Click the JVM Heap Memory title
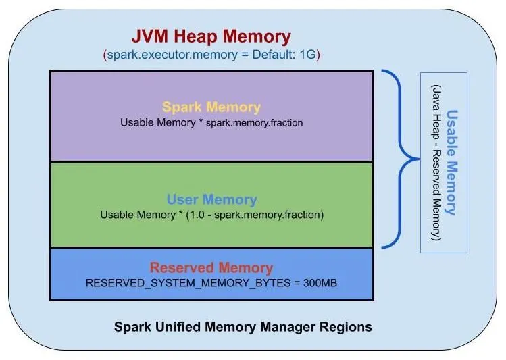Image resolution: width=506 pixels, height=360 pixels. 211,36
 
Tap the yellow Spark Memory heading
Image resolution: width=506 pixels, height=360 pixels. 211,107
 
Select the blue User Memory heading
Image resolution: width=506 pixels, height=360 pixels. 211,200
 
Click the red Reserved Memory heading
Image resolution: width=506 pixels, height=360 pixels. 211,267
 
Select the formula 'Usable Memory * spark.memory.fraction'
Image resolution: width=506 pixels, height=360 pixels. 211,123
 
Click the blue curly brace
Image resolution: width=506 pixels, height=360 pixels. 399,159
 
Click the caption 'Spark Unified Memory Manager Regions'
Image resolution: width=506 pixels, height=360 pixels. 243,327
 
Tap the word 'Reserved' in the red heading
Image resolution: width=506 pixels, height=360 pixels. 179,267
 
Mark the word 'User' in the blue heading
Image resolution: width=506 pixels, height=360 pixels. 182,200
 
